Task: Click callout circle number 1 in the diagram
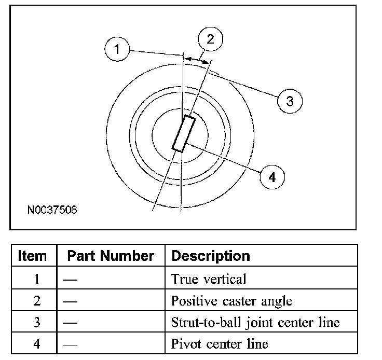click(x=118, y=50)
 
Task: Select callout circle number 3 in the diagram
click(x=289, y=101)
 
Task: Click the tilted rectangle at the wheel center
click(x=184, y=134)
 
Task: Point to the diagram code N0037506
click(x=52, y=211)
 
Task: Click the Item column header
click(x=32, y=256)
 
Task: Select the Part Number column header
click(x=111, y=256)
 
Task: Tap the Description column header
click(x=210, y=256)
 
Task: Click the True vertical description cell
click(x=209, y=279)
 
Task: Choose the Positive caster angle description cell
click(x=231, y=301)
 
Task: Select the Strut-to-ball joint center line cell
click(x=255, y=323)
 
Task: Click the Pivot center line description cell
click(x=220, y=344)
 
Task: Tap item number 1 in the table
click(x=36, y=279)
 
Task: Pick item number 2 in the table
click(x=36, y=301)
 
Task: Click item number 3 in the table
click(x=36, y=323)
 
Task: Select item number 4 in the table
click(x=36, y=344)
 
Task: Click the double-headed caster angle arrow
click(x=197, y=60)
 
